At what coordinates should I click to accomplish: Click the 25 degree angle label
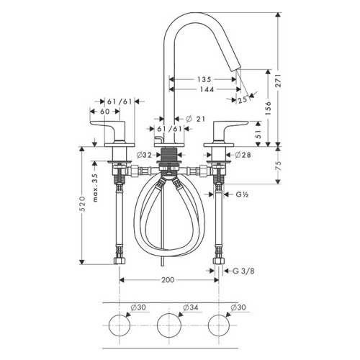(x=242, y=100)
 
